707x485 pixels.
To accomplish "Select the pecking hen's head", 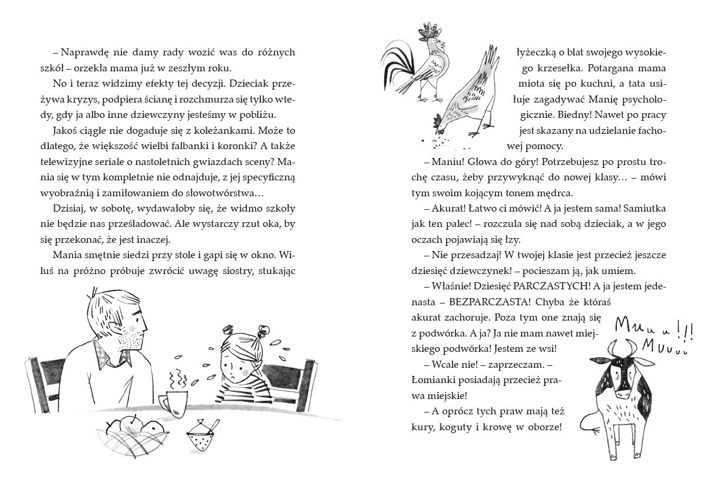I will click(440, 120).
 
